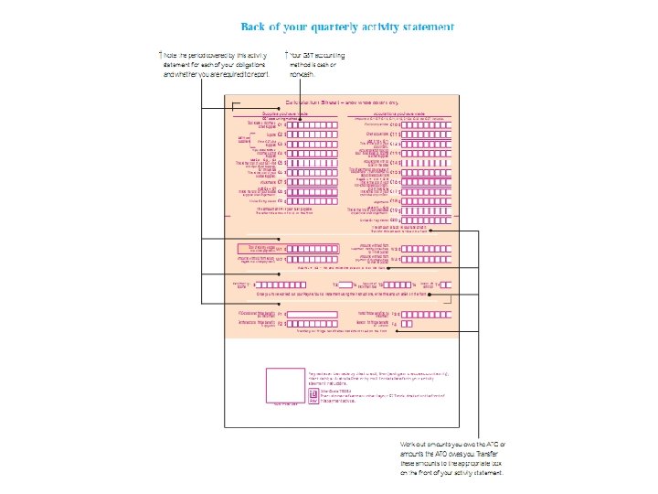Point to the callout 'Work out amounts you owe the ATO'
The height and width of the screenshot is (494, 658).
click(x=453, y=458)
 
